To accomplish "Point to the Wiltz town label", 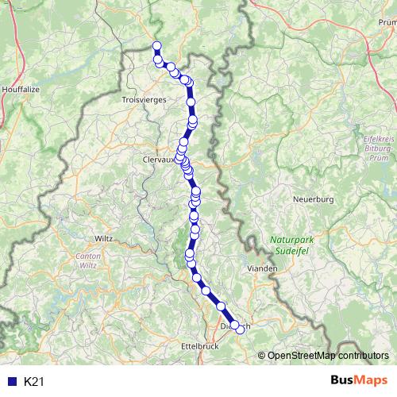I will click(104, 237).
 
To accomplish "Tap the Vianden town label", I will click(263, 269).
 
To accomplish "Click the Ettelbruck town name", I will click(200, 346).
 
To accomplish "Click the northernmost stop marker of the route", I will click(156, 45).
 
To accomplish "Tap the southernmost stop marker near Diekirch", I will click(241, 330).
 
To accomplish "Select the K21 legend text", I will click(33, 382).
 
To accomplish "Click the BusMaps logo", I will click(359, 381).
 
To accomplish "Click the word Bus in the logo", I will click(345, 381).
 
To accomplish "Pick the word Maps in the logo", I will click(372, 381).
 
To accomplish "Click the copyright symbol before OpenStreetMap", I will click(262, 356).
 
